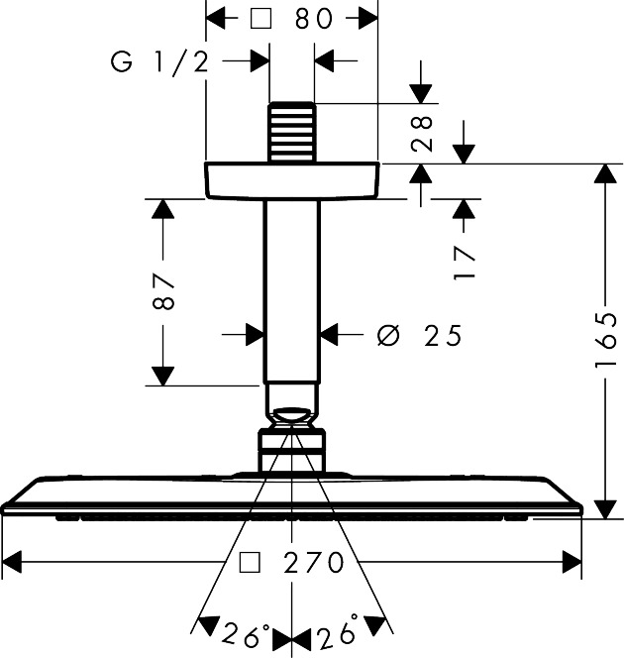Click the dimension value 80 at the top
pos(315,19)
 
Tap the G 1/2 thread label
pos(158,63)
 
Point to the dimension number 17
pos(465,260)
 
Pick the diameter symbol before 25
pos(389,337)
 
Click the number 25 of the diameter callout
pos(443,337)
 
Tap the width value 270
pos(312,563)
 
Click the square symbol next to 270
pos(251,563)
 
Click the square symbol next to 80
pos(260,19)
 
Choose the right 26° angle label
pos(338,632)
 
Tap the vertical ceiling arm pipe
pos(291,287)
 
